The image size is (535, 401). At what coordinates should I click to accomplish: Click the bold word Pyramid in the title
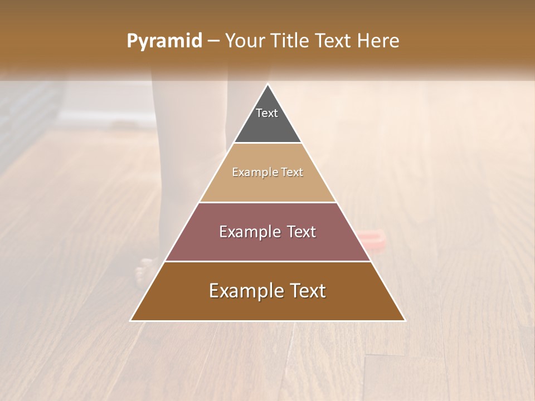pos(164,41)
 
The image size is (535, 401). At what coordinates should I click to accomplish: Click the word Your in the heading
pos(244,41)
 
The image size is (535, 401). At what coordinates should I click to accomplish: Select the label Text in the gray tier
pos(267,113)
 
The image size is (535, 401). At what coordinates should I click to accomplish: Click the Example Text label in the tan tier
pos(267,172)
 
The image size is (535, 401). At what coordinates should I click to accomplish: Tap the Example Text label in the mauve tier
pos(267,232)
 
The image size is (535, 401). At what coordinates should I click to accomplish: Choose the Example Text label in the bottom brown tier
pos(267,291)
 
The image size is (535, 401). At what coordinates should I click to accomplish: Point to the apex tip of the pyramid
pos(268,85)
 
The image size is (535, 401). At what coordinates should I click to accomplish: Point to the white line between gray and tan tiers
pos(267,143)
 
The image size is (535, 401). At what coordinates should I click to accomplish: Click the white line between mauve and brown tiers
pos(267,261)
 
